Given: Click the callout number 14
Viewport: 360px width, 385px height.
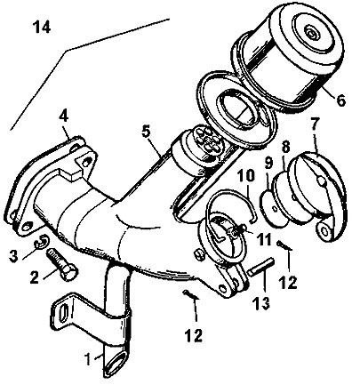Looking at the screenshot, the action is tap(42, 27).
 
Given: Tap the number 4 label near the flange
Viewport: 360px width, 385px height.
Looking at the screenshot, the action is tap(63, 116).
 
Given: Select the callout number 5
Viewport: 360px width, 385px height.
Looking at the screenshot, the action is tap(146, 131).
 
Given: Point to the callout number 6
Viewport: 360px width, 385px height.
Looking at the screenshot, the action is tap(340, 100).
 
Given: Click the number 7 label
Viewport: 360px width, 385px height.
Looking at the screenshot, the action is tap(315, 124).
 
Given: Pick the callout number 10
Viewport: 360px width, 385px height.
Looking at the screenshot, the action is tap(246, 176).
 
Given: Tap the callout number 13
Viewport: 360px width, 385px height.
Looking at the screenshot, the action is tap(261, 303).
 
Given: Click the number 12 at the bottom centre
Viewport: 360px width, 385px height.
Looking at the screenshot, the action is tap(193, 336).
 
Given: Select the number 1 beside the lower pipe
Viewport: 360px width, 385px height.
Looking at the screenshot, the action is tap(88, 359).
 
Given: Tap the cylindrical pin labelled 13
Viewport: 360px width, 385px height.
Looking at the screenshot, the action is tap(260, 267).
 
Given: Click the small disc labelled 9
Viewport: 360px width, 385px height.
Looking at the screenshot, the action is tap(273, 207).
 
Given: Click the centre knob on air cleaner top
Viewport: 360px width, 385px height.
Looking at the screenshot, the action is tap(312, 32).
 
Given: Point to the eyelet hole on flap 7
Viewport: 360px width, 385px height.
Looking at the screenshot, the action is tap(324, 230).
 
